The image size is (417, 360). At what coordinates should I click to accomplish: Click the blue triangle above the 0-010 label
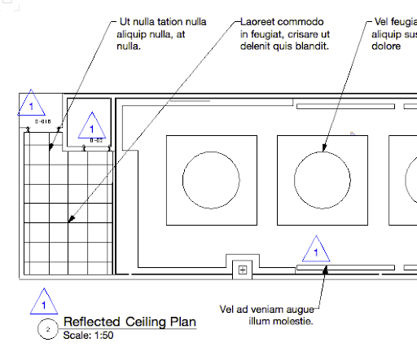[31, 105]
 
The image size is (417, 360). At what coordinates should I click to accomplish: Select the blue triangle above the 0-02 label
[92, 129]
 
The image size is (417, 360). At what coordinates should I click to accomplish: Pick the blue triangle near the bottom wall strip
[315, 250]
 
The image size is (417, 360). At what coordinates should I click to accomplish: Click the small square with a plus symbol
[241, 269]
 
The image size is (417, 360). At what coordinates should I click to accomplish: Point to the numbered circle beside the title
[49, 329]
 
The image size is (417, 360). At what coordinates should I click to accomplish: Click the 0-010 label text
[44, 121]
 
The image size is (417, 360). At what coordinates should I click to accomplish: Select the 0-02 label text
[95, 141]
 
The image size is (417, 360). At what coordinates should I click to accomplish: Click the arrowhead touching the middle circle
[323, 150]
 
